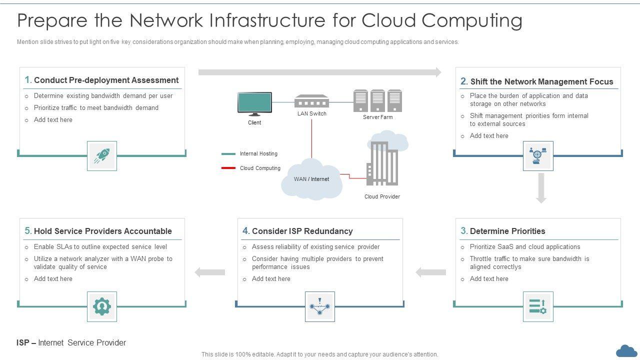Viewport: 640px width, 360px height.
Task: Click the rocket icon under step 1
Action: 102,156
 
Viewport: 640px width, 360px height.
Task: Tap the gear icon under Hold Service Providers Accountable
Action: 102,306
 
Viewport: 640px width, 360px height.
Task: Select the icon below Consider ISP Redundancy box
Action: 320,306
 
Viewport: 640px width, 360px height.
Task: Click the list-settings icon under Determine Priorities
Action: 538,306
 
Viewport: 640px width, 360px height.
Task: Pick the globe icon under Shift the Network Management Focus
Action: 538,156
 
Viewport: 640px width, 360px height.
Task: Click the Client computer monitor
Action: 254,103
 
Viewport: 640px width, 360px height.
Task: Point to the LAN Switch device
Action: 311,101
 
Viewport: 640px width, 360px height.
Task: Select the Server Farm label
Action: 377,117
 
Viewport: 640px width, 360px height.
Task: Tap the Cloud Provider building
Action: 382,163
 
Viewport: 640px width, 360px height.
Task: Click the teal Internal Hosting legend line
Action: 228,154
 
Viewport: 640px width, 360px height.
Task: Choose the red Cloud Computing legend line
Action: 228,168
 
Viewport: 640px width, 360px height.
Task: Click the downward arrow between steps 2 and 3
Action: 541,188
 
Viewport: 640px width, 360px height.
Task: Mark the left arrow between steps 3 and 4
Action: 430,272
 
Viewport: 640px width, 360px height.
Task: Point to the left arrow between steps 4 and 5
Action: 210,272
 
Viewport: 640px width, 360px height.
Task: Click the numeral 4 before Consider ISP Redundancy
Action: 245,230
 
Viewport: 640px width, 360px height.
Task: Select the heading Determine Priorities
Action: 507,231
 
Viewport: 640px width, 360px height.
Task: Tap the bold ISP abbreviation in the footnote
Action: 22,342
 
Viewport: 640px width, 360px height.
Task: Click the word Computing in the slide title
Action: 471,20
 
